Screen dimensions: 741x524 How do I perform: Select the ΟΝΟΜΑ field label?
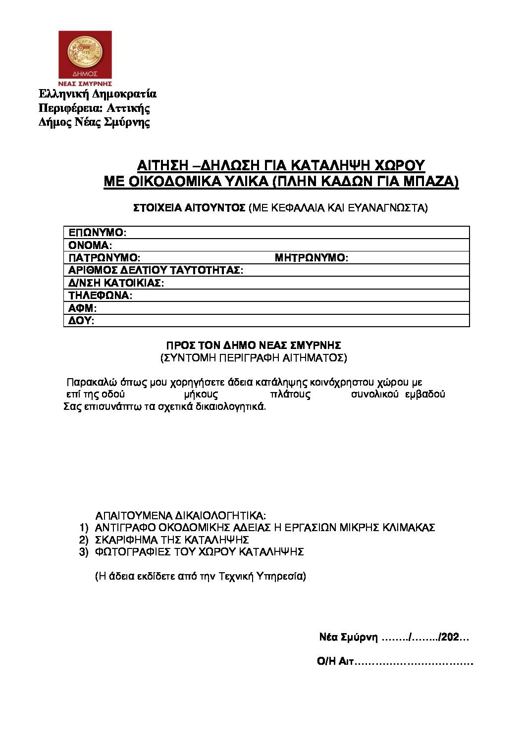(x=91, y=245)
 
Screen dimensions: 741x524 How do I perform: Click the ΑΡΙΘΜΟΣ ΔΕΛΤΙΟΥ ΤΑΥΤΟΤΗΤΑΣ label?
(x=156, y=270)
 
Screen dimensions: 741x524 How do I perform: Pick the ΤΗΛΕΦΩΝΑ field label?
(x=101, y=296)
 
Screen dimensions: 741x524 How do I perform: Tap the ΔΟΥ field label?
(x=81, y=321)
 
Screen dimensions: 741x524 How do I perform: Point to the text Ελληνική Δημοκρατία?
(x=98, y=94)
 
